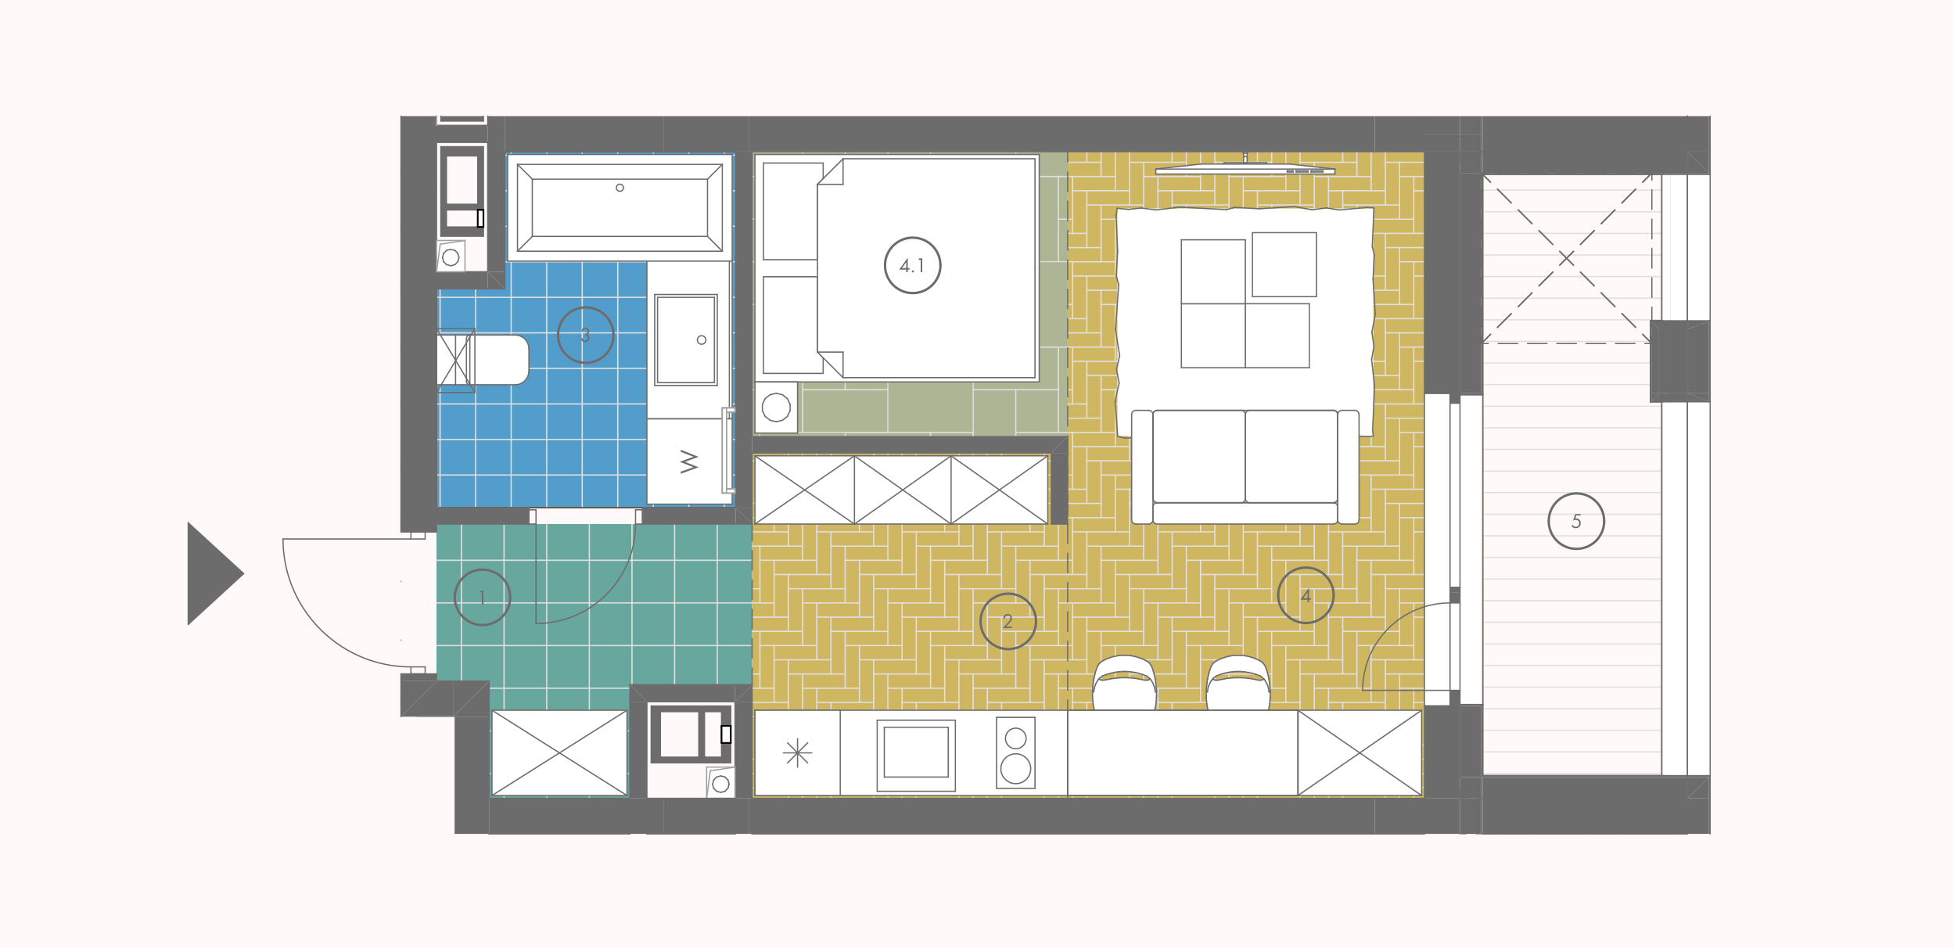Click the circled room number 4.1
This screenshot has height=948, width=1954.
912,265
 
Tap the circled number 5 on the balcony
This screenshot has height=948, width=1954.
1576,521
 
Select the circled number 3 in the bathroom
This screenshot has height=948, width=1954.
585,335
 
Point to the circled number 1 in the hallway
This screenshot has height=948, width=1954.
482,597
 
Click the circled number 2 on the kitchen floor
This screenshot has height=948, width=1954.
1008,621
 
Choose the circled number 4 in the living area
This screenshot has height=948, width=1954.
1306,595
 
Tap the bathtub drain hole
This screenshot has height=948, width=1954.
620,188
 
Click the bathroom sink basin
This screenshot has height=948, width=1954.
686,339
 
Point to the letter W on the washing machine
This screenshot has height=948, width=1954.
689,461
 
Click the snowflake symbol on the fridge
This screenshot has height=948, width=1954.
797,752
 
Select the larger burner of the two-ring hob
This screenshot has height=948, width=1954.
1015,768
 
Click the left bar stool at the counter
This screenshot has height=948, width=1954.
1124,683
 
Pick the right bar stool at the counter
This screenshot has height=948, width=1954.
1237,683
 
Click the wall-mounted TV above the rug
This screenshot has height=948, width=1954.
1245,167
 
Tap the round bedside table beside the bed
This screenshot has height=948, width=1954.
776,408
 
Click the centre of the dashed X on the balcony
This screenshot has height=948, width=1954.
1566,258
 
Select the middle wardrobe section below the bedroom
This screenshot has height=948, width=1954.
903,490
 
